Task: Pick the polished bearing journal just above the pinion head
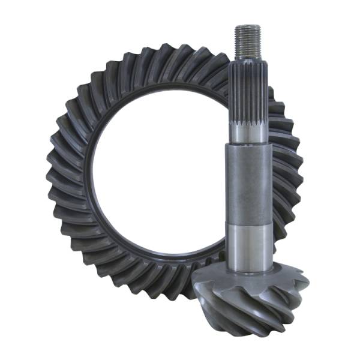pos(248,240)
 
